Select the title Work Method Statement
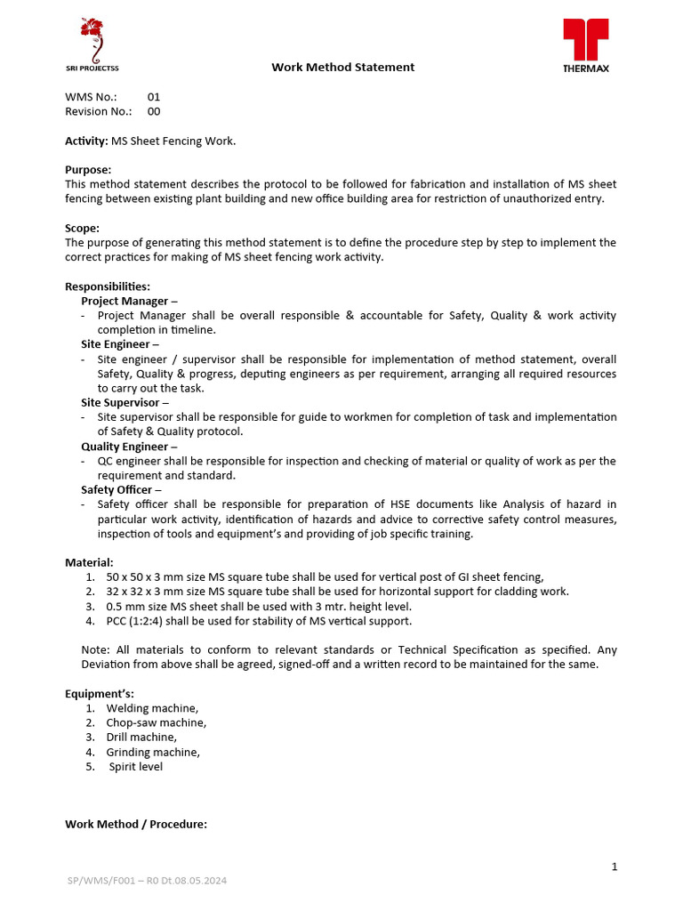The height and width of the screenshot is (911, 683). tap(342, 67)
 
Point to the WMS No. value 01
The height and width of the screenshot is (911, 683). tap(154, 97)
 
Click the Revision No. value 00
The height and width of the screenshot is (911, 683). tap(154, 111)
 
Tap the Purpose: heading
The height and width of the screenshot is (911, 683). tap(88, 170)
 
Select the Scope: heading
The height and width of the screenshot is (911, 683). tap(82, 228)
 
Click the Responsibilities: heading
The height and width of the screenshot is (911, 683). tap(108, 286)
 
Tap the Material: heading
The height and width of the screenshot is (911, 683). tap(89, 562)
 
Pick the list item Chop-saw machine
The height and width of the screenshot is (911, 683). tap(156, 722)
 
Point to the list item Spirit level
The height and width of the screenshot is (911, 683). tap(135, 766)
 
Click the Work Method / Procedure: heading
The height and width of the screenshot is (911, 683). tap(136, 824)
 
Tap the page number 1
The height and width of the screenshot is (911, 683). tap(614, 867)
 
